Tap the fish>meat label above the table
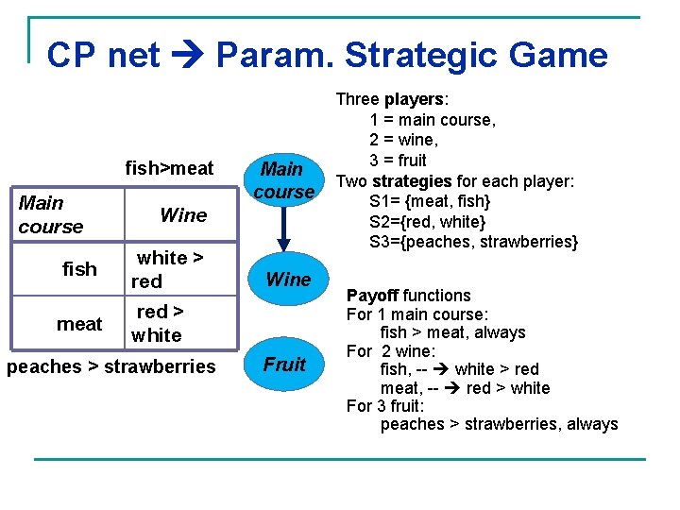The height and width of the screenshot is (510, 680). [170, 168]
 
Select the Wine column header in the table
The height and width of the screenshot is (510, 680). [183, 214]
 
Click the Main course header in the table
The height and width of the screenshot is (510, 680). [50, 214]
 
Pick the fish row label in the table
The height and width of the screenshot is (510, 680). [79, 269]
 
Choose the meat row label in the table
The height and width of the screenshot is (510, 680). [79, 324]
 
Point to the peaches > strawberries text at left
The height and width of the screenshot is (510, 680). [110, 366]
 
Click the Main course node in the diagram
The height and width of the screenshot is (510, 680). [281, 180]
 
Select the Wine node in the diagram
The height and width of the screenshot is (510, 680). [288, 279]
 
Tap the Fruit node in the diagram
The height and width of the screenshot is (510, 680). [284, 365]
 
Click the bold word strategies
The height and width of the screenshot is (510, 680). [412, 180]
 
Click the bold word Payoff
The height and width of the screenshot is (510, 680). [372, 296]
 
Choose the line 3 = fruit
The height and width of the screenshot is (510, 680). [398, 160]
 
